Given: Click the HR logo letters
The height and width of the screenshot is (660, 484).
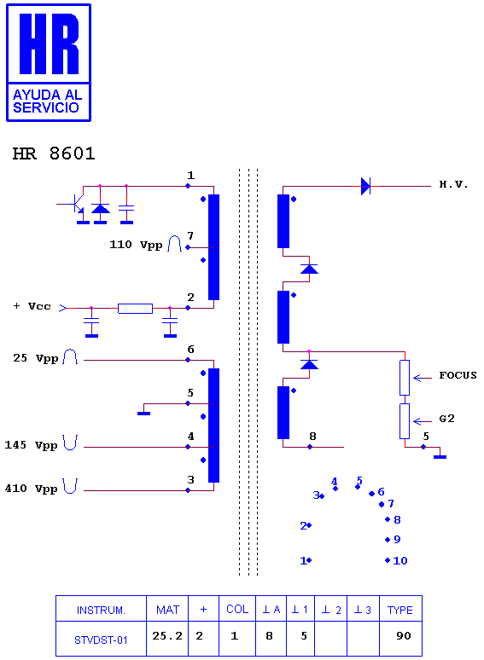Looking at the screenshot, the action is pos(49,43).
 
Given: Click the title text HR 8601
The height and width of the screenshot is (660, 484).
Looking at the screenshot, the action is pos(54,153).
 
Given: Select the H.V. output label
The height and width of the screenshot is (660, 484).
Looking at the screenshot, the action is pos(453,184).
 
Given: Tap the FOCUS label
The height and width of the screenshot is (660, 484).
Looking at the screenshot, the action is pos(458,375).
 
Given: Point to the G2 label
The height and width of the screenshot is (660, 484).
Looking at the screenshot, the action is pos(447,419).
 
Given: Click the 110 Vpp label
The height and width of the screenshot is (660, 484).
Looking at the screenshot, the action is pos(136,245).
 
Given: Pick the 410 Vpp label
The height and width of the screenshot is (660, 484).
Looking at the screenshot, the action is pos(31,489).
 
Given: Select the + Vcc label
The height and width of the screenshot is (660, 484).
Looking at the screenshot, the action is pos(32,306).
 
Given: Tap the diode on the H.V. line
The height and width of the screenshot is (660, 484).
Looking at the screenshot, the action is pos(365,186).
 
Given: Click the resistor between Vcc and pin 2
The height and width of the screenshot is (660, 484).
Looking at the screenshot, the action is pos(135,309).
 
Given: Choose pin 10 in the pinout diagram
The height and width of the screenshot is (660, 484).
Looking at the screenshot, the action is pos(397,560).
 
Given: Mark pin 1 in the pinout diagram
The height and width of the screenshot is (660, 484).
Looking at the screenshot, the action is pos(306,560).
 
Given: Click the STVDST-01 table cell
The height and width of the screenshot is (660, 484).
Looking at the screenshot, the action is pos(101,640).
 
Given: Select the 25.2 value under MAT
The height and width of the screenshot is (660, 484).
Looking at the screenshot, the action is pos(167,635).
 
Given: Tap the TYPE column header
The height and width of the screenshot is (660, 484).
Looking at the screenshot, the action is pos(400,610).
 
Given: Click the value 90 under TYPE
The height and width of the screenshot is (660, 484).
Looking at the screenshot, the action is pos(403,635).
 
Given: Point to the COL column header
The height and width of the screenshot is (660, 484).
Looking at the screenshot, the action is pos(237,609).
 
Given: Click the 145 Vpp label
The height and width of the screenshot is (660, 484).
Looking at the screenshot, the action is pos(31,445).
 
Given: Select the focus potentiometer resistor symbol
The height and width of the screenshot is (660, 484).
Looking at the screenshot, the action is pos(405,378).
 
